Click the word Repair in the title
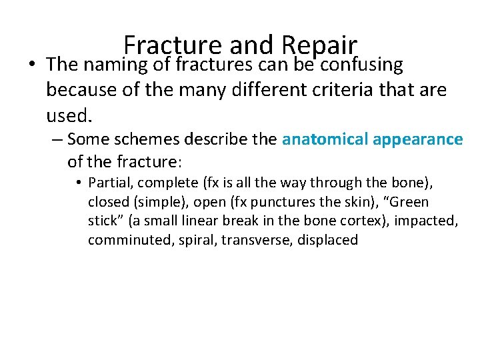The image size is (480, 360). tap(319, 45)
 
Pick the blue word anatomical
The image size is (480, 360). tap(325, 139)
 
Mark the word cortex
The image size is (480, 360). tap(364, 221)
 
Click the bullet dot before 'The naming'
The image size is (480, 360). tap(32, 65)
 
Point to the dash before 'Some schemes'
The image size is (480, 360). tap(57, 140)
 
